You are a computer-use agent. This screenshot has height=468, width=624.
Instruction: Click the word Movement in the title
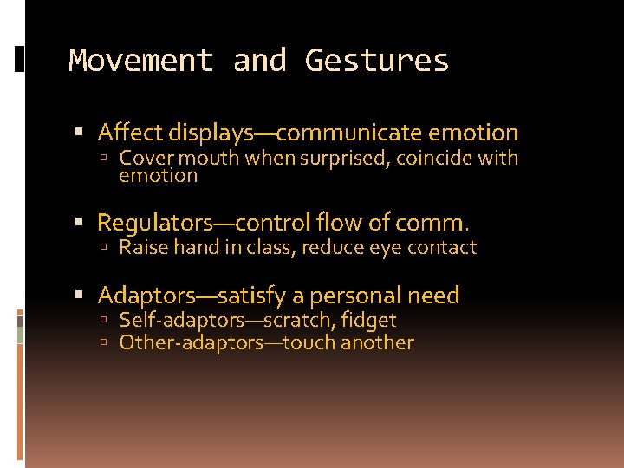(x=140, y=61)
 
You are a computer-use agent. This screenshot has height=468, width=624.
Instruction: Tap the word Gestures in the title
(x=377, y=61)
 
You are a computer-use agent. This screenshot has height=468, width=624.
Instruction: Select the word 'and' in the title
(x=260, y=61)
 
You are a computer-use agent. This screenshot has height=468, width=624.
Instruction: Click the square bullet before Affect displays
(x=80, y=133)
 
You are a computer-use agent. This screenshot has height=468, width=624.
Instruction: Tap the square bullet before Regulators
(x=80, y=224)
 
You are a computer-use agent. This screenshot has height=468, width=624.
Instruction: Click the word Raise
(x=144, y=248)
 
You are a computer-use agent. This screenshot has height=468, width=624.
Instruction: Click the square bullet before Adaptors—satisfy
(x=80, y=296)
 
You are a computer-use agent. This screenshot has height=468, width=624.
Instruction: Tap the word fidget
(x=368, y=321)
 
